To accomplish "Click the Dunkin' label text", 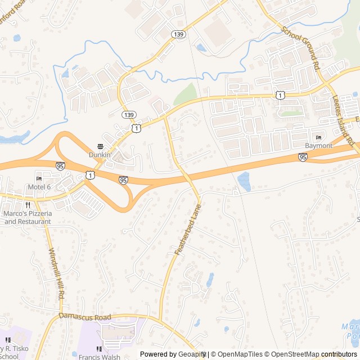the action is pyautogui.click(x=101, y=154).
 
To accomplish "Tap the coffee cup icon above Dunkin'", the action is pyautogui.click(x=101, y=146).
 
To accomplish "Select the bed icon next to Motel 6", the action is pyautogui.click(x=39, y=179).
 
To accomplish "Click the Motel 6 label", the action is pyautogui.click(x=40, y=187).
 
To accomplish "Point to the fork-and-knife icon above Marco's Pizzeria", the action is pyautogui.click(x=28, y=205).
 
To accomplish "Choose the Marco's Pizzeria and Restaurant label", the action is pyautogui.click(x=28, y=217).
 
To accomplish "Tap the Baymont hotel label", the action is pyautogui.click(x=318, y=146).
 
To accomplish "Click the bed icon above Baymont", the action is pyautogui.click(x=318, y=138).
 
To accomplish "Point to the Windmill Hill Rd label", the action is pyautogui.click(x=57, y=273).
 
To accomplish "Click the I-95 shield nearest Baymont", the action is pyautogui.click(x=303, y=158).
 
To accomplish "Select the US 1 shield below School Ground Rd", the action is pyautogui.click(x=280, y=96).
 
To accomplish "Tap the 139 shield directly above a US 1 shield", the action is pyautogui.click(x=129, y=115).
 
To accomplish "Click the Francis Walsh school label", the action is pyautogui.click(x=100, y=356).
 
